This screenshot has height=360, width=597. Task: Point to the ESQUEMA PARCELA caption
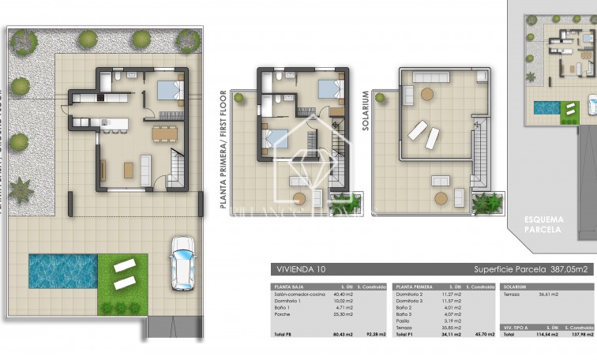coord(542,223)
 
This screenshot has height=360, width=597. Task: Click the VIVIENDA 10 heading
coord(299,269)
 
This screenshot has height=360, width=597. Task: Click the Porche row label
coord(282,314)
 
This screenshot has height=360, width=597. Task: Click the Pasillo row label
coord(404,321)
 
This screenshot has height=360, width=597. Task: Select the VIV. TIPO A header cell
coord(516,324)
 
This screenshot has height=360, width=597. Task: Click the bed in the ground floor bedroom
coord(168,91)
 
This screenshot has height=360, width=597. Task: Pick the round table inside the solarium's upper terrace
coord(426,94)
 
